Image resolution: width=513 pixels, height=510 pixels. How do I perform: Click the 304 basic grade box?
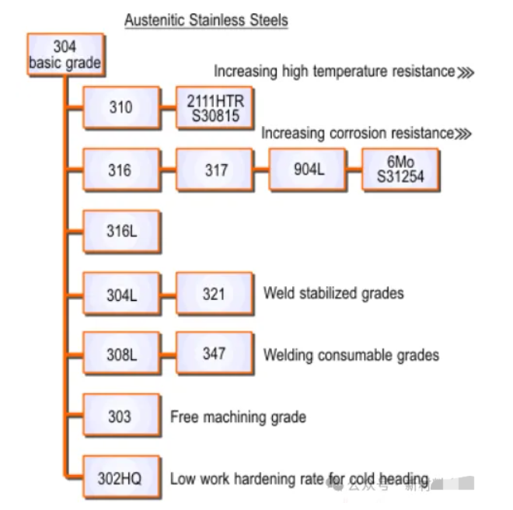pos(65,55)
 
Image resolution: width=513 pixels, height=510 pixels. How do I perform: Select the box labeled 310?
pos(121,108)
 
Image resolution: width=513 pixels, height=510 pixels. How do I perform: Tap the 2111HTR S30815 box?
pos(215,108)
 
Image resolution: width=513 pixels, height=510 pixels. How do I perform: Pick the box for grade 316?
pos(121,169)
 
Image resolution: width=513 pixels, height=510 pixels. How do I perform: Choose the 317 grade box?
pos(215,169)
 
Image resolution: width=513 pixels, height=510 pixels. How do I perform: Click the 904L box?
pos(308,169)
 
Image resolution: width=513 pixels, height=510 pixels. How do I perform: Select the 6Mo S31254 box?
pos(401,169)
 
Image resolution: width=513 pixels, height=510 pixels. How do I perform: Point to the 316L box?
pos(121,232)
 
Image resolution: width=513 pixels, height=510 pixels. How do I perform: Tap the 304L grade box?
pos(121,294)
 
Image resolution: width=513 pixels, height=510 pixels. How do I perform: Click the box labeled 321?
pos(215,294)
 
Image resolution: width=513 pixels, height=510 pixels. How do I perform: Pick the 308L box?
pos(121,355)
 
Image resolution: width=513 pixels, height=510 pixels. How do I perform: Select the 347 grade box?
pos(215,355)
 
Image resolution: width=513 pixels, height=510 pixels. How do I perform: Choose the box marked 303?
pos(121,417)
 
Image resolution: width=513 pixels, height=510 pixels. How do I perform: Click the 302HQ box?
pos(121,478)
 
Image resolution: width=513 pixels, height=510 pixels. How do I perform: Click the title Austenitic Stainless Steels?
pos(206,20)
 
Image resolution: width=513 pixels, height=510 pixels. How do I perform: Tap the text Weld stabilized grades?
pos(333,294)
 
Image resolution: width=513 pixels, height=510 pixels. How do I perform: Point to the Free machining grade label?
pos(238,417)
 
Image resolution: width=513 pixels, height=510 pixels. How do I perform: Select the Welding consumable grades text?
pos(351,355)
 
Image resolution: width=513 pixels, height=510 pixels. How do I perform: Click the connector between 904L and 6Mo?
pos(354,169)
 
